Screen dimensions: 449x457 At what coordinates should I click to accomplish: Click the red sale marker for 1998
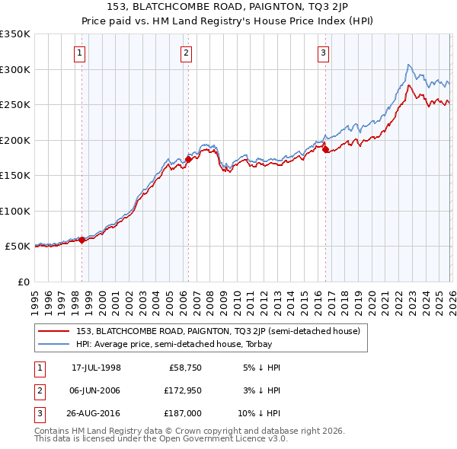click(82, 240)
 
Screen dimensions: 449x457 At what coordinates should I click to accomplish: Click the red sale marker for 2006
click(188, 159)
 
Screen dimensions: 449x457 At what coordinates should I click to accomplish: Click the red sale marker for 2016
click(325, 149)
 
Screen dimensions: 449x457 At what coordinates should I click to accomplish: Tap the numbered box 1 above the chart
click(80, 53)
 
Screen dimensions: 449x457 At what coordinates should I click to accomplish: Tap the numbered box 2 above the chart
click(186, 53)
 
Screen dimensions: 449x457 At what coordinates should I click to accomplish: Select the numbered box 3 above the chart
click(323, 53)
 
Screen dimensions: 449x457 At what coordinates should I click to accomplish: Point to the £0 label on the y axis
click(23, 282)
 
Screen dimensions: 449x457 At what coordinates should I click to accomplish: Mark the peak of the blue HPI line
click(409, 65)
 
